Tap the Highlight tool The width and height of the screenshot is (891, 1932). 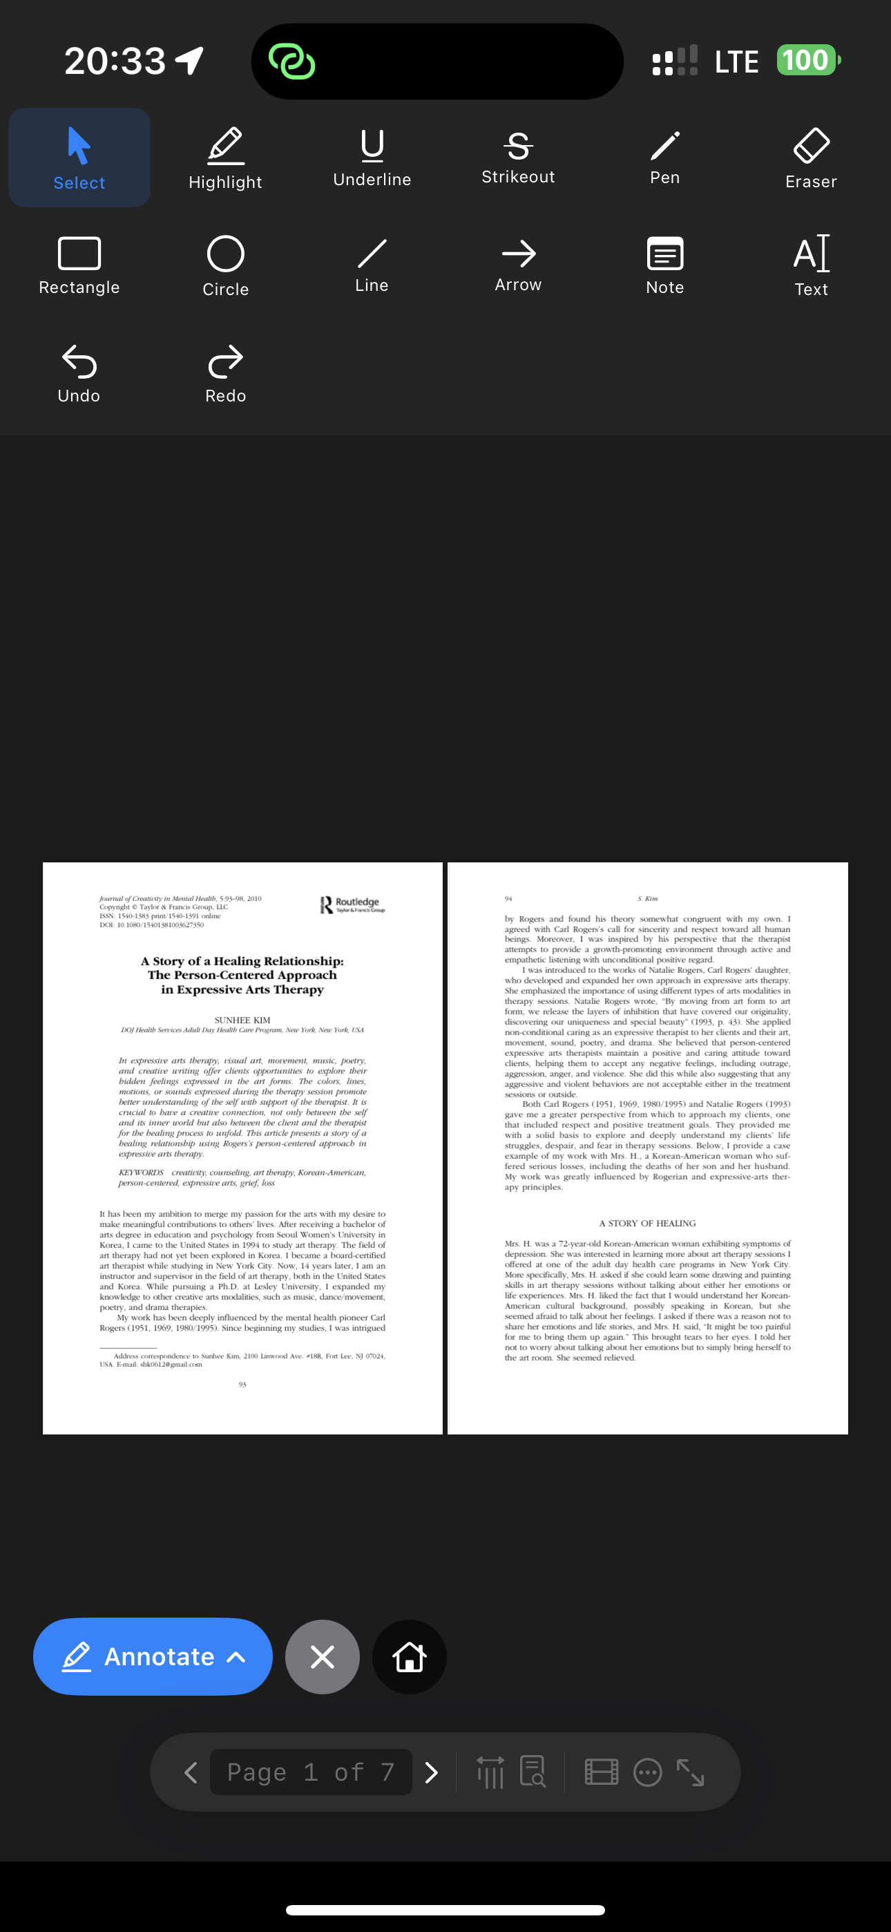click(225, 158)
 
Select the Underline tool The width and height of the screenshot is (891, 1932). click(372, 157)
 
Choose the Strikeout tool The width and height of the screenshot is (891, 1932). click(518, 157)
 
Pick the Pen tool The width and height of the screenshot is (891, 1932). click(664, 157)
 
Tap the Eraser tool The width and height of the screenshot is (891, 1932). click(811, 158)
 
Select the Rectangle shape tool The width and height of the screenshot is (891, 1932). click(79, 265)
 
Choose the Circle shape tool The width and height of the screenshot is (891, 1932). click(225, 265)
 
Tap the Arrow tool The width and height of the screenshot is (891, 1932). click(518, 264)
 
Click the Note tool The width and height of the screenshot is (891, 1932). click(664, 265)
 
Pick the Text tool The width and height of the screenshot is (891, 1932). click(811, 265)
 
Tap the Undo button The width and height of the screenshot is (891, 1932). click(79, 372)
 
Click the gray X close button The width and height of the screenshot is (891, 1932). click(323, 1656)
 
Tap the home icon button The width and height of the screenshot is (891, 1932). click(410, 1656)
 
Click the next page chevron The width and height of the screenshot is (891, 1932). click(431, 1772)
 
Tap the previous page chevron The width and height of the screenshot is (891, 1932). click(191, 1772)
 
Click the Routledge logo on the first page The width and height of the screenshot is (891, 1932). click(352, 905)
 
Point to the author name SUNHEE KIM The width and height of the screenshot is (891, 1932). click(242, 1020)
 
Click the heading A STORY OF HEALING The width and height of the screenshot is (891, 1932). click(647, 1222)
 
